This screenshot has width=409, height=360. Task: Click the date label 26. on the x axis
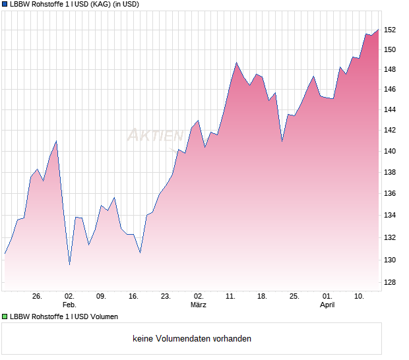[37, 296]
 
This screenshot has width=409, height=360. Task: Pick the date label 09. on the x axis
[101, 296]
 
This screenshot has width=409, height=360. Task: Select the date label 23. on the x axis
[166, 296]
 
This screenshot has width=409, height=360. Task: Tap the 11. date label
[230, 296]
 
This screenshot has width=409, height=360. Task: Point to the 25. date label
[294, 296]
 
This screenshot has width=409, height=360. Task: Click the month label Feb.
[69, 305]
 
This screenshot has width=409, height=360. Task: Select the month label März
[199, 305]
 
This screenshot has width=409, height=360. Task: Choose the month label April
[327, 305]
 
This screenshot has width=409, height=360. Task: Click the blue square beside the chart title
[5, 4]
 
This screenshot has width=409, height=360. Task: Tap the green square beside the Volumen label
[5, 316]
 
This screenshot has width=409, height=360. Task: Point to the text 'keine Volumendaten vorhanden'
[192, 339]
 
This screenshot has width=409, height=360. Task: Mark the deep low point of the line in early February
[69, 264]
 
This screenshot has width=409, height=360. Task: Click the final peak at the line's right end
[378, 29]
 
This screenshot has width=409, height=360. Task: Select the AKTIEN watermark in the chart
[155, 135]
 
